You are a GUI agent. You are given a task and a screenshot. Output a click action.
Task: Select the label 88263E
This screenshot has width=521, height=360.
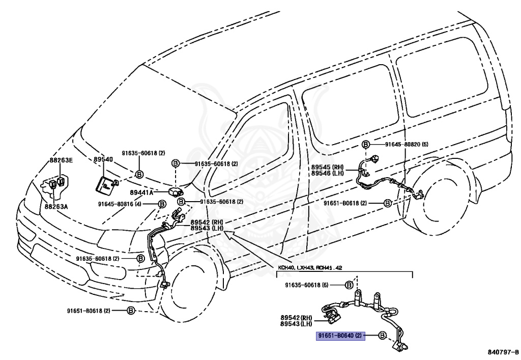pos(61,160)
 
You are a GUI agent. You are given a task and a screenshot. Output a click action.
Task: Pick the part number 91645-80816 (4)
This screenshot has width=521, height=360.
pos(123,204)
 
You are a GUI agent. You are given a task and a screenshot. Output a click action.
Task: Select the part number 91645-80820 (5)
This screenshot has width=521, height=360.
pos(407,145)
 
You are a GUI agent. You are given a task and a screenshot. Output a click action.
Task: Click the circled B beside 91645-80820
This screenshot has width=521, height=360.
pos(366,145)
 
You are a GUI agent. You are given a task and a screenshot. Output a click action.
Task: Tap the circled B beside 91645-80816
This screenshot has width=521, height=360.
pos(162,204)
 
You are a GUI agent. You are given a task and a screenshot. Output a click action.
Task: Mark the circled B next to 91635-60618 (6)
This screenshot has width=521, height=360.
pos(350,285)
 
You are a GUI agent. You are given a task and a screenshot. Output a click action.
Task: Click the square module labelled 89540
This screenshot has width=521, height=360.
pos(105,185)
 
